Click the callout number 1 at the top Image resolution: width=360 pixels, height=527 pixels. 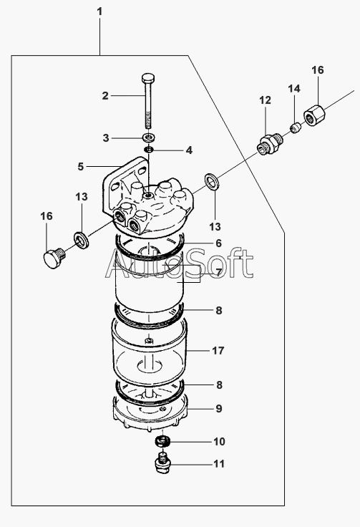[x=99, y=11]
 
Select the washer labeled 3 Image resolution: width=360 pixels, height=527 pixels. [x=148, y=137]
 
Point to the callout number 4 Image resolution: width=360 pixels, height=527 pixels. [x=189, y=150]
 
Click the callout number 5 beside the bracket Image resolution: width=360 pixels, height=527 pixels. [x=81, y=166]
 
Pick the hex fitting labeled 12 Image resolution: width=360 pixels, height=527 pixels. [x=269, y=144]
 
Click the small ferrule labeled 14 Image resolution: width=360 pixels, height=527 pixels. [x=295, y=128]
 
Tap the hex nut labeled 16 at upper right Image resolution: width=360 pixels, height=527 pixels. [x=315, y=115]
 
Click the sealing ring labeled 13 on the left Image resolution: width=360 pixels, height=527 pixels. [x=82, y=239]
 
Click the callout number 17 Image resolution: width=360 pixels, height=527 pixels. [x=218, y=351]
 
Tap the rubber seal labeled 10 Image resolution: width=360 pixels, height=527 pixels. [x=163, y=440]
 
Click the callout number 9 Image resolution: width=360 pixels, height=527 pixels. [x=219, y=409]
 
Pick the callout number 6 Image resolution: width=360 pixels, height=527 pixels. [x=218, y=243]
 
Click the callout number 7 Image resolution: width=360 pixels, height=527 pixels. [x=218, y=272]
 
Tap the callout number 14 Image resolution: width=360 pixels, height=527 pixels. [x=294, y=89]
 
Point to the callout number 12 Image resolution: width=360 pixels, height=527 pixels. [x=265, y=100]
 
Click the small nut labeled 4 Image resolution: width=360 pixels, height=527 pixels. [x=148, y=149]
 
